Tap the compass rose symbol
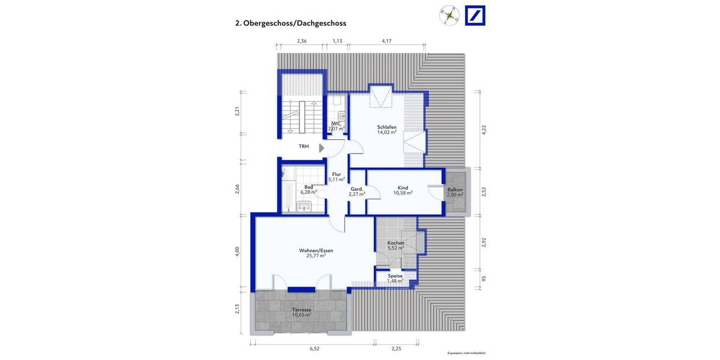(x=448, y=16)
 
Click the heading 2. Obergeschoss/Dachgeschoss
(x=290, y=24)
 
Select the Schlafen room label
(x=387, y=127)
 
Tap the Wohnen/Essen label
(x=316, y=250)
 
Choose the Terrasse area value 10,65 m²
(x=301, y=314)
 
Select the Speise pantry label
(x=395, y=276)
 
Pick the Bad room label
(x=308, y=187)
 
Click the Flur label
(x=336, y=175)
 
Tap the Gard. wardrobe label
(x=356, y=188)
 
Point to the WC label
(x=336, y=124)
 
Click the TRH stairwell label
(x=305, y=146)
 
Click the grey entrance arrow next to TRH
(x=322, y=147)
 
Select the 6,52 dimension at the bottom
(x=314, y=348)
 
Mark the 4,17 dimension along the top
(x=387, y=41)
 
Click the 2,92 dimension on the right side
(x=484, y=243)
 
